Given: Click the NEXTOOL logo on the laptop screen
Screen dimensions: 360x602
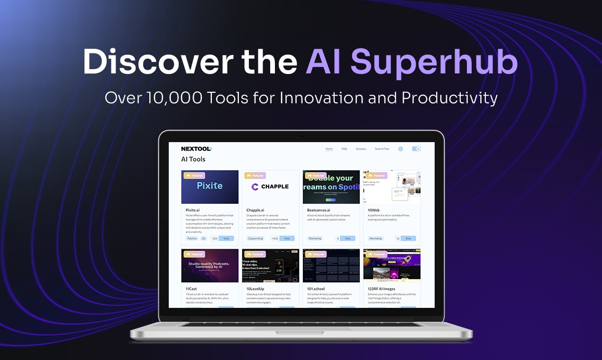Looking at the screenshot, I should [x=196, y=149].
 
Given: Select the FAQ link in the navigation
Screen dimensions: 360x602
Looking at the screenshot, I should [x=344, y=149].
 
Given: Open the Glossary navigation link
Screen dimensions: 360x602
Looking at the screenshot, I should [x=361, y=149].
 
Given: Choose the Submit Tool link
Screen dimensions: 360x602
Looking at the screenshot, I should [x=382, y=149].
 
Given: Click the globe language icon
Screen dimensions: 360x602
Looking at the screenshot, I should [x=401, y=149].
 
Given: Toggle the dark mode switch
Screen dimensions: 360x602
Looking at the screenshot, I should [x=416, y=149].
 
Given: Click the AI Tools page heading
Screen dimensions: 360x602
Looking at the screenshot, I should [x=193, y=159].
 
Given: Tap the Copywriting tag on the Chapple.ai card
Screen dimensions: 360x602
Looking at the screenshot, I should [x=256, y=238].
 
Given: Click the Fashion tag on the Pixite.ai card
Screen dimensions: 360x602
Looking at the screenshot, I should [x=192, y=238].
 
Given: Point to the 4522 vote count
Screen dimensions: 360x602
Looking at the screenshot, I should [x=275, y=238].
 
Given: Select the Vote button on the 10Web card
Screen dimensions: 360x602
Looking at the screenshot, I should [x=408, y=238].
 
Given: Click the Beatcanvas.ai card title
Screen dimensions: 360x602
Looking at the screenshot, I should [x=319, y=210].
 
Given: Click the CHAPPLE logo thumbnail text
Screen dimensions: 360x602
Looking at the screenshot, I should [x=275, y=187].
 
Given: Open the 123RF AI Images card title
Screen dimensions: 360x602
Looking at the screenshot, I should [x=381, y=288].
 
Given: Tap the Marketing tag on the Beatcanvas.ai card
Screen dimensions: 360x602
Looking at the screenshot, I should [x=315, y=238].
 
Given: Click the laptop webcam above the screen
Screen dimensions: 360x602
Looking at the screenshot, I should [x=301, y=136].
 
